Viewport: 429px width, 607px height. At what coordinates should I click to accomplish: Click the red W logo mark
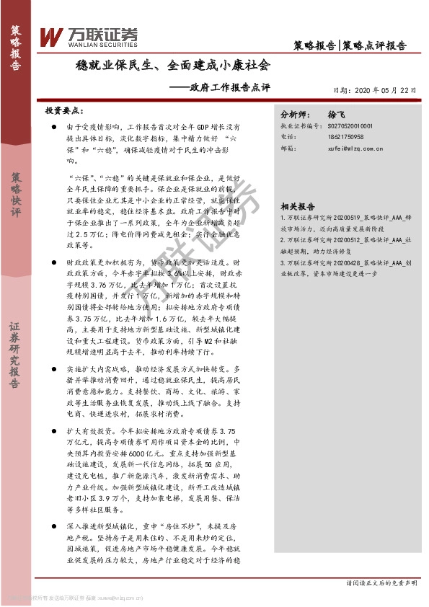pyautogui.click(x=52, y=36)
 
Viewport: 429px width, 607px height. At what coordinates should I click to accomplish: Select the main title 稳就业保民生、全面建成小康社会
pyautogui.click(x=173, y=66)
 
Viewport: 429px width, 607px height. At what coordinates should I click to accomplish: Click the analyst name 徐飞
pyautogui.click(x=337, y=114)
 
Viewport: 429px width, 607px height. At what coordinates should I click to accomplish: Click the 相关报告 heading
pyautogui.click(x=296, y=205)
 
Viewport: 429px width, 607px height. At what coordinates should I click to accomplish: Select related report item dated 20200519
pyautogui.click(x=345, y=220)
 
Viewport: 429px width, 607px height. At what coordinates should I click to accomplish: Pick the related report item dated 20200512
pyautogui.click(x=345, y=243)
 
